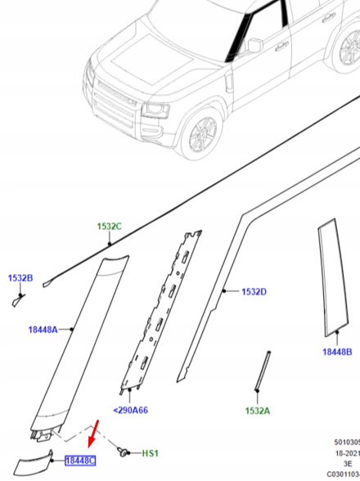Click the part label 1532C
(x=110, y=227)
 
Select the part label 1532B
(x=20, y=278)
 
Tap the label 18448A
(x=43, y=330)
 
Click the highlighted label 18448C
(x=80, y=461)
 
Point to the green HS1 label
(x=150, y=453)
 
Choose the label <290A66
(x=130, y=410)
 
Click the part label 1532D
(x=254, y=292)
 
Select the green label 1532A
(x=258, y=411)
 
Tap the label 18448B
(x=337, y=352)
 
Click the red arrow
(x=93, y=434)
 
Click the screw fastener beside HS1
(x=123, y=452)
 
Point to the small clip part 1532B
(x=18, y=299)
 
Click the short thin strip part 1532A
(x=263, y=371)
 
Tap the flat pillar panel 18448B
(x=333, y=277)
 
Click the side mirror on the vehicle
(x=255, y=45)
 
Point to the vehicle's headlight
(x=155, y=110)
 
